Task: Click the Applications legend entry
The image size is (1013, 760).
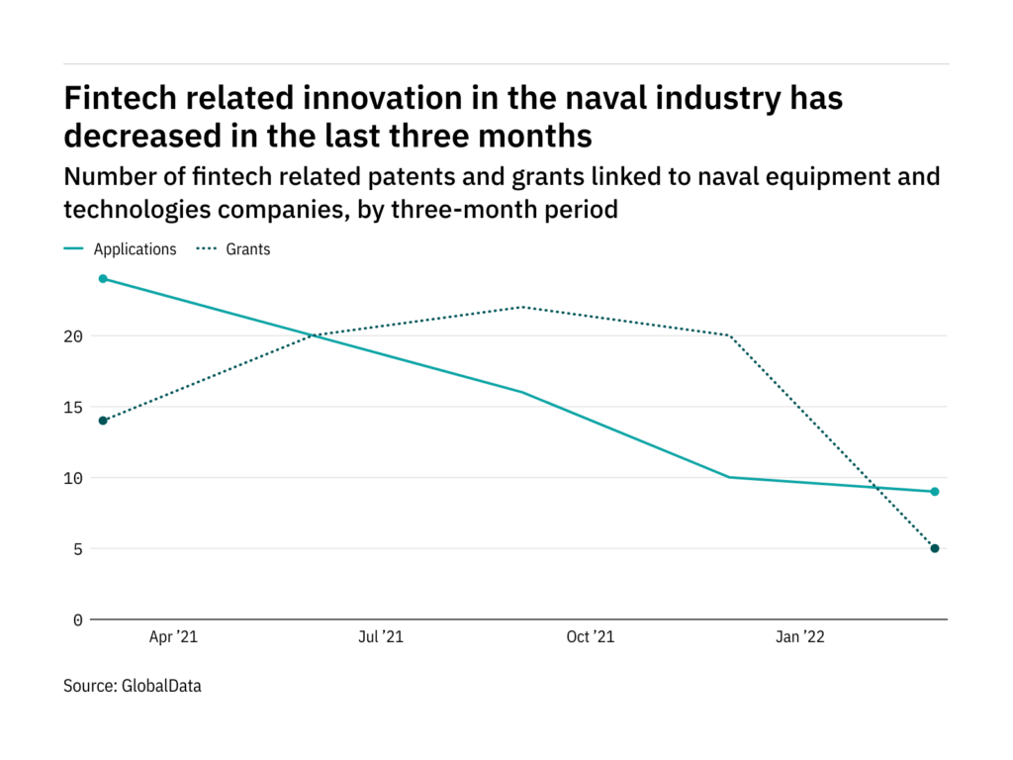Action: (135, 249)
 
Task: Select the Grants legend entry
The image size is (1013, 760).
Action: (247, 249)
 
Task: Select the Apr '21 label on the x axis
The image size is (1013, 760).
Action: (173, 637)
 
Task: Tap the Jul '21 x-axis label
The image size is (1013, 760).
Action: (380, 637)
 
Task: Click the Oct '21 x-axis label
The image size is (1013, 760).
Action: (590, 637)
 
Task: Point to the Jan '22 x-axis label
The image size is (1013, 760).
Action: (798, 637)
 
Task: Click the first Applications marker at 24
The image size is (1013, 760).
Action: (103, 279)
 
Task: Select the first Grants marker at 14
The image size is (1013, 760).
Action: (103, 421)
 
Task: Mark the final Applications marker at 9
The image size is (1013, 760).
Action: (935, 492)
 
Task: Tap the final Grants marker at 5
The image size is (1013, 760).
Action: (935, 548)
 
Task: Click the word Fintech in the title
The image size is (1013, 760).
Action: (116, 98)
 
